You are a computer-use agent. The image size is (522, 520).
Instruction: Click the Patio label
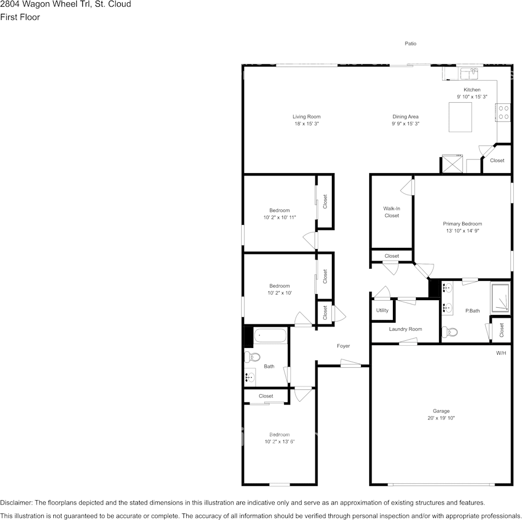[x=410, y=43]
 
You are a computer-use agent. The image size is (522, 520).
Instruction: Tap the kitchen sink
[x=469, y=74]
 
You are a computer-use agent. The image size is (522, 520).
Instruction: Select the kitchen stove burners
[x=503, y=113]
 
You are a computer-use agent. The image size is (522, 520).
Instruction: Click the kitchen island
[x=460, y=117]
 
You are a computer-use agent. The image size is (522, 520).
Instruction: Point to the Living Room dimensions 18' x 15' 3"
[x=307, y=124]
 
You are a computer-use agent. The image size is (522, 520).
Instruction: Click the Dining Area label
[x=406, y=117]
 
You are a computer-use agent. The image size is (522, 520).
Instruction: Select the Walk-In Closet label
[x=392, y=212]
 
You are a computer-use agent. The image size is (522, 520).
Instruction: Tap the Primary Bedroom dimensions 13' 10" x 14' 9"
[x=463, y=230]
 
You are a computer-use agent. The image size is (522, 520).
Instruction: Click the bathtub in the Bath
[x=270, y=335]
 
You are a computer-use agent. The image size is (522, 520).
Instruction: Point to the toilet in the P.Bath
[x=449, y=332]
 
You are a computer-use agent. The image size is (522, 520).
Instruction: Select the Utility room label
[x=382, y=310]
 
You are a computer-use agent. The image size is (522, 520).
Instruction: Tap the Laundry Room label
[x=406, y=329]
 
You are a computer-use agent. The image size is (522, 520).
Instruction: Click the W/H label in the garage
[x=501, y=353]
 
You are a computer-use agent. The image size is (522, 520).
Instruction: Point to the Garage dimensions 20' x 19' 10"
[x=441, y=418]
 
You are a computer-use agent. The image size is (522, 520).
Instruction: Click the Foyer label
[x=343, y=346]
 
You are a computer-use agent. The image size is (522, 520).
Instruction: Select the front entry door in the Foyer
[x=351, y=364]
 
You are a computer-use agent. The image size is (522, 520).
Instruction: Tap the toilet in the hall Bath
[x=252, y=357]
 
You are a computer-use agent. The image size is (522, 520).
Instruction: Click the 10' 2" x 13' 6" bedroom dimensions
[x=280, y=442]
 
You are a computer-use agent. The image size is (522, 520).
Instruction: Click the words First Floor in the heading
[x=20, y=18]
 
